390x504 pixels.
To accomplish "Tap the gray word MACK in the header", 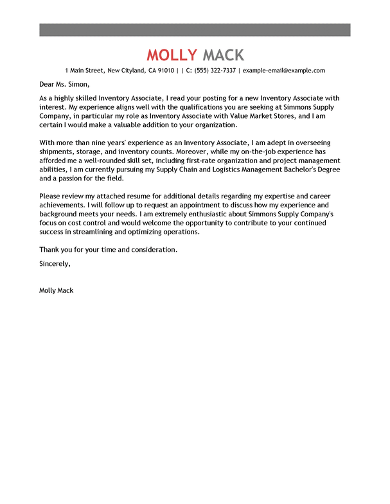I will [x=223, y=55].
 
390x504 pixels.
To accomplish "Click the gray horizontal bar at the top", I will [x=195, y=30].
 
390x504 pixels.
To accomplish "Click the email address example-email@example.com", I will [x=283, y=71].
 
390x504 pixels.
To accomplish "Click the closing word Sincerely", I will [x=55, y=264].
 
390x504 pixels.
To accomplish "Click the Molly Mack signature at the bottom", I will [x=57, y=290].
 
